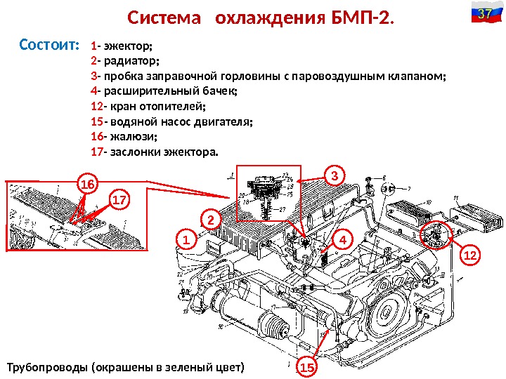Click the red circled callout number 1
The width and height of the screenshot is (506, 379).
tap(186, 241)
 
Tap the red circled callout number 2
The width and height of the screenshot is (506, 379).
tap(210, 220)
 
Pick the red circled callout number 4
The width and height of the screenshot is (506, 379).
tap(342, 239)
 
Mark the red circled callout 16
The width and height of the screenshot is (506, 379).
tap(87, 184)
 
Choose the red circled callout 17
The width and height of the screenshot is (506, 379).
tap(120, 201)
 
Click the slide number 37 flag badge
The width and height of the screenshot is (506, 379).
tap(484, 14)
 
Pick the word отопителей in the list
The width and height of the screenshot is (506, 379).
tap(172, 106)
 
